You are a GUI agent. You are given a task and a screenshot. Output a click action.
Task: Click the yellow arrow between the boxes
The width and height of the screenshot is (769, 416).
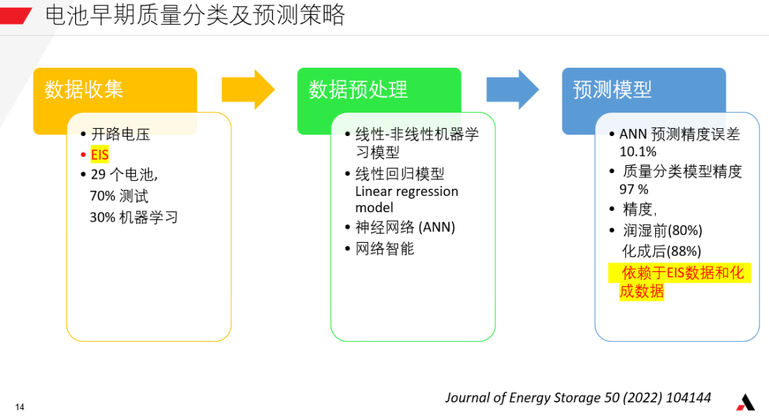(249, 90)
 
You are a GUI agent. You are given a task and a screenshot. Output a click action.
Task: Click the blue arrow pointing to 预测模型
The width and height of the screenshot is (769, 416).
(513, 90)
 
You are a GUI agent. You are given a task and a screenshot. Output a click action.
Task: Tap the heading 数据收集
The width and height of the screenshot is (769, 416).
(84, 90)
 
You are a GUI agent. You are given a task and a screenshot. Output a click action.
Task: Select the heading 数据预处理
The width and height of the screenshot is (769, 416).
(358, 90)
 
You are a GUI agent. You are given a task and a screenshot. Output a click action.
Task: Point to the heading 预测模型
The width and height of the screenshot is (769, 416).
(612, 90)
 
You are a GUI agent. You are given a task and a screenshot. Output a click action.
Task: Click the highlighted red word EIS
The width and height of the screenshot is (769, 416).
(100, 155)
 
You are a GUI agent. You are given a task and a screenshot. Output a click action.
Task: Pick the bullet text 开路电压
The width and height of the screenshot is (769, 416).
(120, 134)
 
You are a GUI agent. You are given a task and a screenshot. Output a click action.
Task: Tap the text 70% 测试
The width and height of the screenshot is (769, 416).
(119, 196)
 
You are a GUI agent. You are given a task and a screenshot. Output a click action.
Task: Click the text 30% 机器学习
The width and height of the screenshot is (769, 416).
(134, 217)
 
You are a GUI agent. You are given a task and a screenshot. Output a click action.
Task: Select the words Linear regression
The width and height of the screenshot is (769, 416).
(407, 192)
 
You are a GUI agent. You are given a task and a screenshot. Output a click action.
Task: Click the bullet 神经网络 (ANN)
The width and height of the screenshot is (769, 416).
(405, 227)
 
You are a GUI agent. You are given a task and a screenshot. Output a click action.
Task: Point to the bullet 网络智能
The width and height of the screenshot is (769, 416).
(384, 249)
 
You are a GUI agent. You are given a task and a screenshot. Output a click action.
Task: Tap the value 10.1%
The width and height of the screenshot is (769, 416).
(637, 152)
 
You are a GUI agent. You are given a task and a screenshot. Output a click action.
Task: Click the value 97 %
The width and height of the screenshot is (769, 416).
(634, 189)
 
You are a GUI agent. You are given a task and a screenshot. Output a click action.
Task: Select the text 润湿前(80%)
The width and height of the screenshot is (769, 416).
(662, 230)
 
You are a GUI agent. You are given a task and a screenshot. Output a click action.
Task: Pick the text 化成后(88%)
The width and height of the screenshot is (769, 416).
(661, 251)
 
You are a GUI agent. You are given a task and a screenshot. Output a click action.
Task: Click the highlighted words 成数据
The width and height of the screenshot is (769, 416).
(642, 291)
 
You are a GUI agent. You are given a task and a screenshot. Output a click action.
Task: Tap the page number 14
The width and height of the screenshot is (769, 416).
(20, 407)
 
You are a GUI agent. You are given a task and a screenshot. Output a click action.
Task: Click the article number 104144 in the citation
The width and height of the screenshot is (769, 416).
(689, 397)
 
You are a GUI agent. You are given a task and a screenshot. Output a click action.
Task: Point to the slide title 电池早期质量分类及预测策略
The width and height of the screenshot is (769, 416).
(195, 15)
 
